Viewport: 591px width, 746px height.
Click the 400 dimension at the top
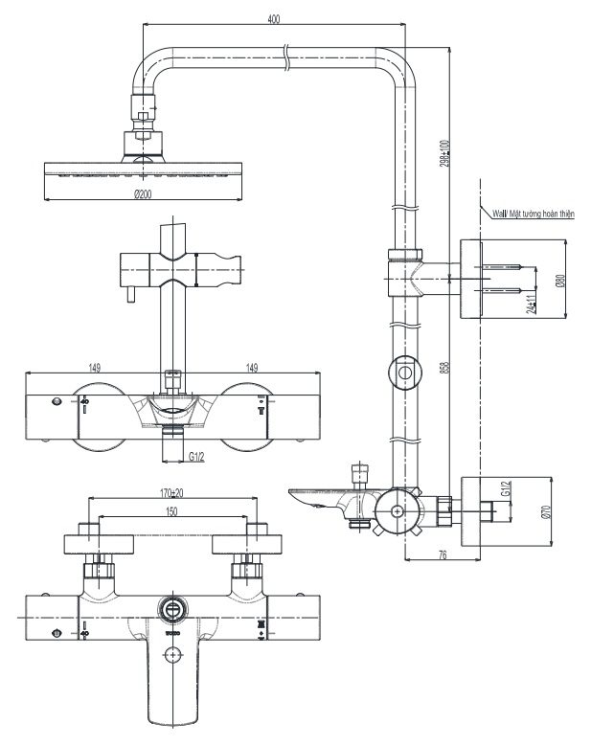point(275,20)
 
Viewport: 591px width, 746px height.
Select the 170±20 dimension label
point(172,493)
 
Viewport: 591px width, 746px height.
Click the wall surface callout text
point(532,215)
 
